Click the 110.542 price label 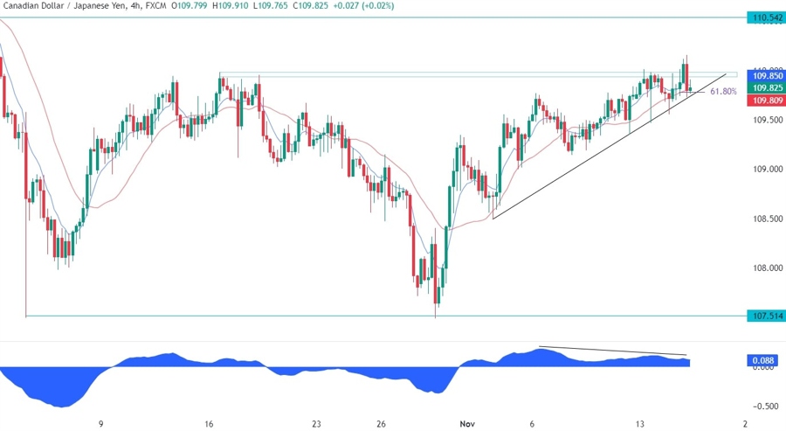pyautogui.click(x=764, y=17)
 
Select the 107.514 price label pyautogui.click(x=764, y=316)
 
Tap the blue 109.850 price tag pyautogui.click(x=764, y=76)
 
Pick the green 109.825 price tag pyautogui.click(x=764, y=88)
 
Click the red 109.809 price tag pyautogui.click(x=764, y=101)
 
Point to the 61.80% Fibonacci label pyautogui.click(x=723, y=91)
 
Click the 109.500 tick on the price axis pyautogui.click(x=764, y=120)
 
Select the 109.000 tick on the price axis pyautogui.click(x=764, y=169)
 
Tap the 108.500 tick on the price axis pyautogui.click(x=764, y=219)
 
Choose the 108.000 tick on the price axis pyautogui.click(x=764, y=268)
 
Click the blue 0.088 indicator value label pyautogui.click(x=763, y=360)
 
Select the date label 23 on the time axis pyautogui.click(x=316, y=423)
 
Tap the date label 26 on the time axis pyautogui.click(x=382, y=423)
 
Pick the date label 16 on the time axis pyautogui.click(x=210, y=423)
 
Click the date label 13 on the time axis pyautogui.click(x=640, y=423)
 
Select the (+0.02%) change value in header pyautogui.click(x=375, y=6)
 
